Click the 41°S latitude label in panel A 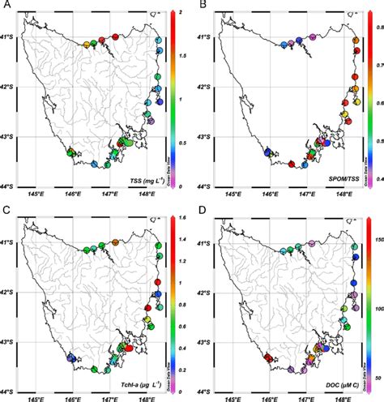tap(10, 38)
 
